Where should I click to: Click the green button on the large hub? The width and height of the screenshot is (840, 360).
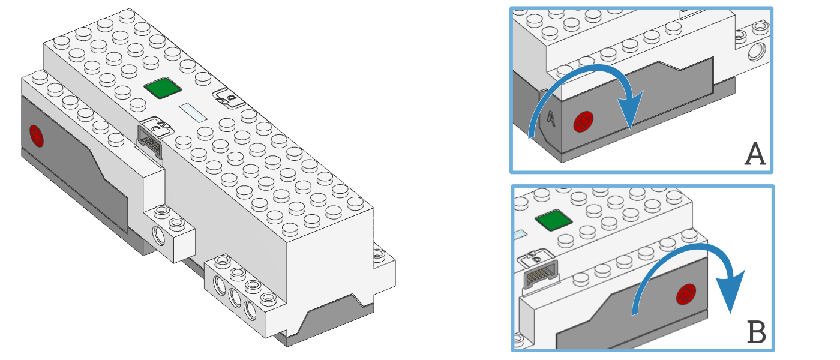click(x=163, y=88)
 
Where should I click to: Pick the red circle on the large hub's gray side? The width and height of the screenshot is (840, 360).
click(x=37, y=136)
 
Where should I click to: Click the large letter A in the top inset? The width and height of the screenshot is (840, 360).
click(x=755, y=154)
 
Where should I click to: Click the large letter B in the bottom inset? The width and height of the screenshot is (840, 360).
click(x=757, y=332)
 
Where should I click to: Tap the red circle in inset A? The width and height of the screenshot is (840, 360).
click(x=583, y=121)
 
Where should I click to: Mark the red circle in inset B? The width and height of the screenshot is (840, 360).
click(x=686, y=295)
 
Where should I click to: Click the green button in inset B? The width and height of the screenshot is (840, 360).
click(x=553, y=220)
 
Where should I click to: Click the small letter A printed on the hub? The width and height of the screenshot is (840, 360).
click(x=551, y=118)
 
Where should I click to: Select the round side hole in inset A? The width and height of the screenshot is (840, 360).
click(x=757, y=52)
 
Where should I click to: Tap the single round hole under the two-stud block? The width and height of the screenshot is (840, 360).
click(x=159, y=235)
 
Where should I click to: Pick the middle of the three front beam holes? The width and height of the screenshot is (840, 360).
click(x=235, y=298)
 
